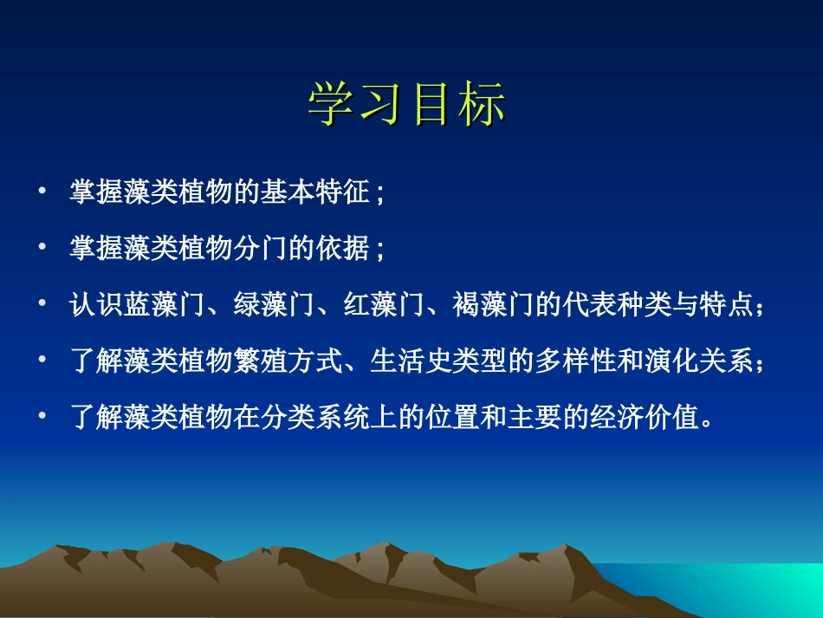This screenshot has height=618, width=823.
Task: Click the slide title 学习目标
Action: click(x=407, y=107)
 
